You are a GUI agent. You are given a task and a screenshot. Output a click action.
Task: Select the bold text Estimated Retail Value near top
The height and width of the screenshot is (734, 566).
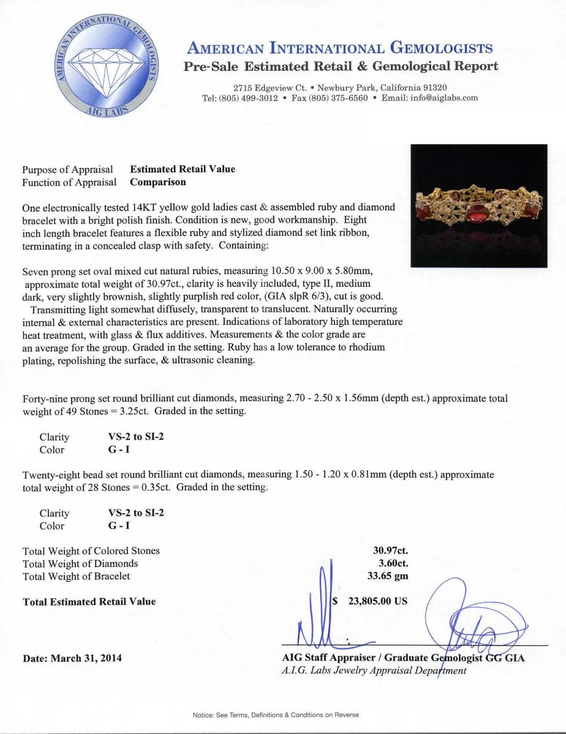pos(183,169)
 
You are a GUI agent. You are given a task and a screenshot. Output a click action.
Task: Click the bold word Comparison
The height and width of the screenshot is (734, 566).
pos(158,182)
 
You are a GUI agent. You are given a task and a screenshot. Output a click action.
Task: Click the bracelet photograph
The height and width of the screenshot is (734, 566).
pos(478,206)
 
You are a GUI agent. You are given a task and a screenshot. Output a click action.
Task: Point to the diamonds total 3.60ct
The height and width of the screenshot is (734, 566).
pos(394,563)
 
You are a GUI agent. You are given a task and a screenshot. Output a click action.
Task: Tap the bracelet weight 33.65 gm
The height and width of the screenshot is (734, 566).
pos(389,576)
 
